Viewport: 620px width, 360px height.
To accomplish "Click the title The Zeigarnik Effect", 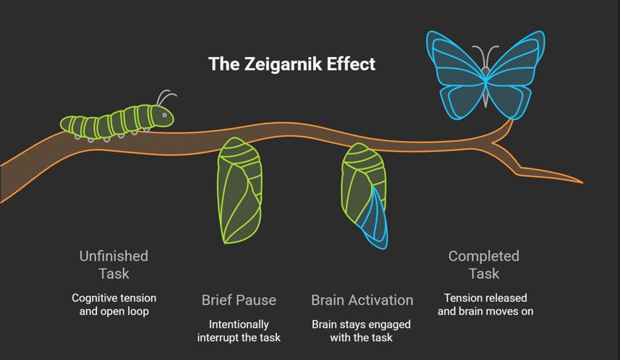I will click(x=292, y=64).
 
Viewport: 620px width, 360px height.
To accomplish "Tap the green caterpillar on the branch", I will click(x=116, y=121).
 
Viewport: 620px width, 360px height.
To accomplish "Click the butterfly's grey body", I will click(x=485, y=83).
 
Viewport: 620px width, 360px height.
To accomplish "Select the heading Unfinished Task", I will click(x=114, y=265).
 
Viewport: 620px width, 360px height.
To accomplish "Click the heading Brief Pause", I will click(x=239, y=299).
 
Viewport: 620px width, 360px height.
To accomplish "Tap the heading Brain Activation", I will click(x=362, y=299).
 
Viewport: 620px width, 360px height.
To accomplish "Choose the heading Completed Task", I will click(x=484, y=265).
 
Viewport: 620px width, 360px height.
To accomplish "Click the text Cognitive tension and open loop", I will click(x=114, y=304).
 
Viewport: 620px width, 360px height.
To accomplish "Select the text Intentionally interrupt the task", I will click(x=239, y=331).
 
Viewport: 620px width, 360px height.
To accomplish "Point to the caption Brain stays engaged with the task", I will click(x=362, y=331).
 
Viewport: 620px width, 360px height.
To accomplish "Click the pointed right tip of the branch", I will click(x=581, y=181).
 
